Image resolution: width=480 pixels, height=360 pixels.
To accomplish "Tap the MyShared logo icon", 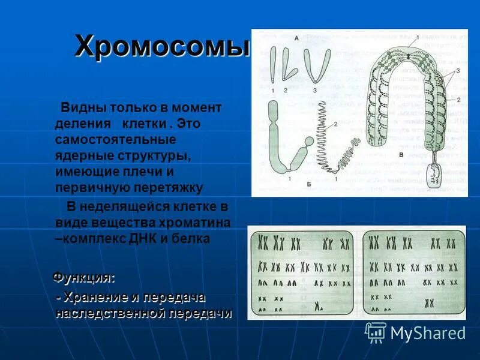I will click(x=376, y=332).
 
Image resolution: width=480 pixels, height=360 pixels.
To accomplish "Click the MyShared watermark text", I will click(x=428, y=333).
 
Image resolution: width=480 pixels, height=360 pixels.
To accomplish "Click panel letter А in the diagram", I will click(x=296, y=38).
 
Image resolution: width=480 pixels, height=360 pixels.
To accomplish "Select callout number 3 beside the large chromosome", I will click(x=458, y=70).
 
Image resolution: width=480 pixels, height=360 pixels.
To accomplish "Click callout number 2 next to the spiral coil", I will click(x=335, y=124).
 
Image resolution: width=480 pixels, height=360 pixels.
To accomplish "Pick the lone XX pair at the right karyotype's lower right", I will click(x=430, y=303).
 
